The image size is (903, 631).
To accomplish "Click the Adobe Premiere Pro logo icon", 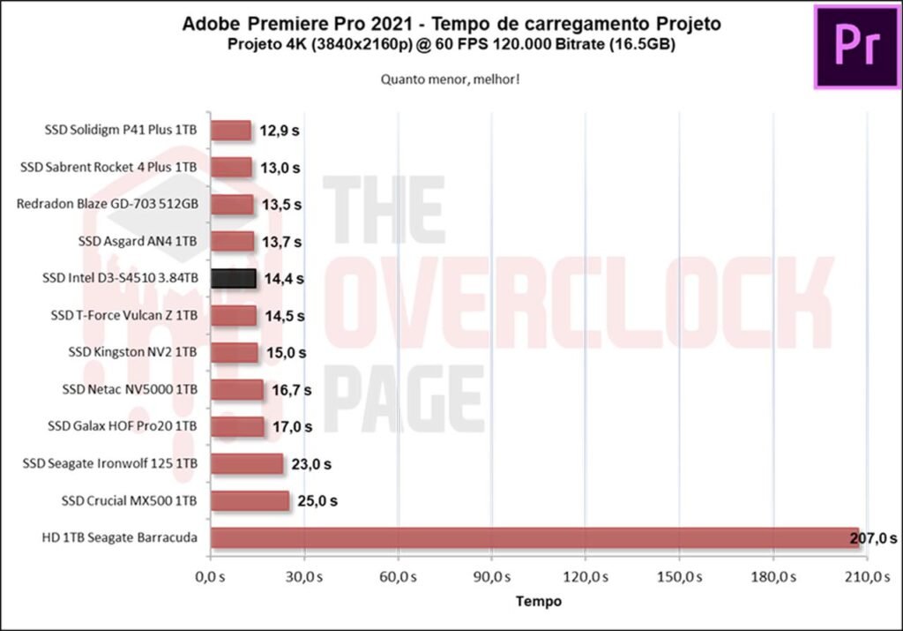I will [x=856, y=46].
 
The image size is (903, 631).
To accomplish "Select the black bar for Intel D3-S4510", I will [x=234, y=279].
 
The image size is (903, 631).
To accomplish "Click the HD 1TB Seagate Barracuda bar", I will [x=534, y=538].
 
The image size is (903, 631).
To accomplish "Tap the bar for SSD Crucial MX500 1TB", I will [x=250, y=501].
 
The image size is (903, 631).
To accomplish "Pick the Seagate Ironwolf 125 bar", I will [x=247, y=464].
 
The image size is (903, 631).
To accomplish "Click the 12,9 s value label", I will [x=280, y=131].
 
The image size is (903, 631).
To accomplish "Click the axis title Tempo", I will [x=538, y=602].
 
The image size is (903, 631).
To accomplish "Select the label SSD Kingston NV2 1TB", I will [x=132, y=352].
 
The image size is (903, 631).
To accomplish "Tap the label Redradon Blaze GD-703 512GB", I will [x=107, y=204].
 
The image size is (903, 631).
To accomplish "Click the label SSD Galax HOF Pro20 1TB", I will [x=123, y=426].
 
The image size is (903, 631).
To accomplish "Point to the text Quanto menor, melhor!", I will [x=450, y=79].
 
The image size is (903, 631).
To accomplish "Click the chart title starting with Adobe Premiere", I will [x=451, y=24].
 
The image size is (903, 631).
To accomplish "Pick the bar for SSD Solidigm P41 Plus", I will [x=231, y=131].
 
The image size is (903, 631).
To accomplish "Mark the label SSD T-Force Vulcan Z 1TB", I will [x=123, y=315].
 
